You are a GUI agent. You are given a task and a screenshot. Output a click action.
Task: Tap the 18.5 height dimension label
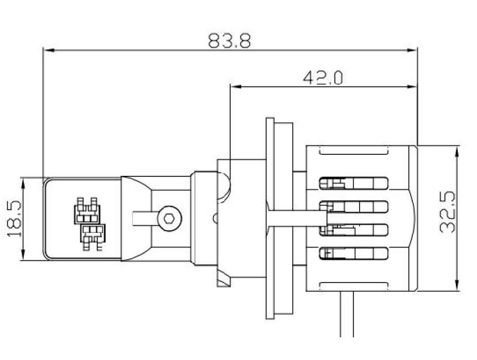coord(15,218)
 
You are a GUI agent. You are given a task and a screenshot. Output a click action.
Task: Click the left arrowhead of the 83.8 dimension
coord(48,50)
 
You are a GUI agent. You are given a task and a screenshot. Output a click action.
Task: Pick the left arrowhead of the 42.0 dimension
coord(235,86)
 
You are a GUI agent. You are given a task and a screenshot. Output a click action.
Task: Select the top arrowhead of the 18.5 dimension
coord(23,181)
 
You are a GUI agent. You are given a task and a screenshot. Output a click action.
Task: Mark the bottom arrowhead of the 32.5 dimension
coord(457,286)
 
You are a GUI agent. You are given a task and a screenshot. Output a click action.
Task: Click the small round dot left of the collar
coord(215,218)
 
